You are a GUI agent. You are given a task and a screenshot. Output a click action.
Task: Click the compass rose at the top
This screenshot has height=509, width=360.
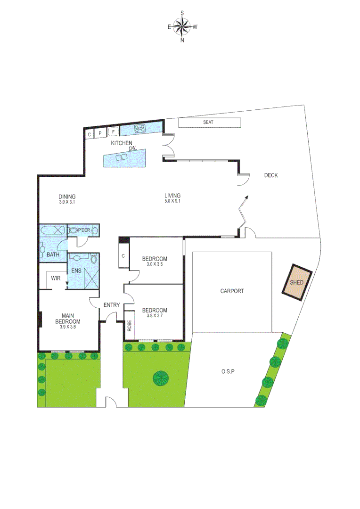(182, 26)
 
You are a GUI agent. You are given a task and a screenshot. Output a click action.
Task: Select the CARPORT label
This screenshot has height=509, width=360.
(232, 291)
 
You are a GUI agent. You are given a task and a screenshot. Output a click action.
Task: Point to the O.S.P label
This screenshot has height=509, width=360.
(228, 371)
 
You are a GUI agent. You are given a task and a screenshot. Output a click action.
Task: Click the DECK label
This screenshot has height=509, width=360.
(271, 175)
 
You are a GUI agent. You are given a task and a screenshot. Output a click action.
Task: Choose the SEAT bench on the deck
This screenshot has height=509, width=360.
(210, 123)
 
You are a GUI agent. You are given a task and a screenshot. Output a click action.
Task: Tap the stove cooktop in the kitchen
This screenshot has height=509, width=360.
(140, 128)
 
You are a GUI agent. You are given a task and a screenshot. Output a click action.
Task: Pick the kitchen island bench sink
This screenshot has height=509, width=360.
(122, 157)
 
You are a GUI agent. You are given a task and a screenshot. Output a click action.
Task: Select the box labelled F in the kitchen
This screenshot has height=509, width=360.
(114, 132)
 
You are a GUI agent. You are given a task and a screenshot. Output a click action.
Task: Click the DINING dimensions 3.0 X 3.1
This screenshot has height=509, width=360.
(67, 202)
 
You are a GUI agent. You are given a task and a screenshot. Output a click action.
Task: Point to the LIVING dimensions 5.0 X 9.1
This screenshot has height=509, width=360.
(172, 201)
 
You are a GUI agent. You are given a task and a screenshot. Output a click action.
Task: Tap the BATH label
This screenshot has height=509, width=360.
(53, 255)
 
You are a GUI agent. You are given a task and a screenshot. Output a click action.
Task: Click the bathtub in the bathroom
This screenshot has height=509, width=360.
(52, 230)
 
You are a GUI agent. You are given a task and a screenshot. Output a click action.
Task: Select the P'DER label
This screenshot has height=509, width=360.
(84, 230)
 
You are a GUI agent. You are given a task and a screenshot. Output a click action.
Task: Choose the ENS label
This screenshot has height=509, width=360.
(76, 271)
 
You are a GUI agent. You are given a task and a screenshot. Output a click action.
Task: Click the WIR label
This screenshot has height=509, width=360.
(56, 278)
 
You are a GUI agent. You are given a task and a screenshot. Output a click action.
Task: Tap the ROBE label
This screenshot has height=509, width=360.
(129, 326)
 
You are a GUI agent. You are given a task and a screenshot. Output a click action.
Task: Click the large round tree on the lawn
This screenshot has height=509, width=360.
(161, 378)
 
